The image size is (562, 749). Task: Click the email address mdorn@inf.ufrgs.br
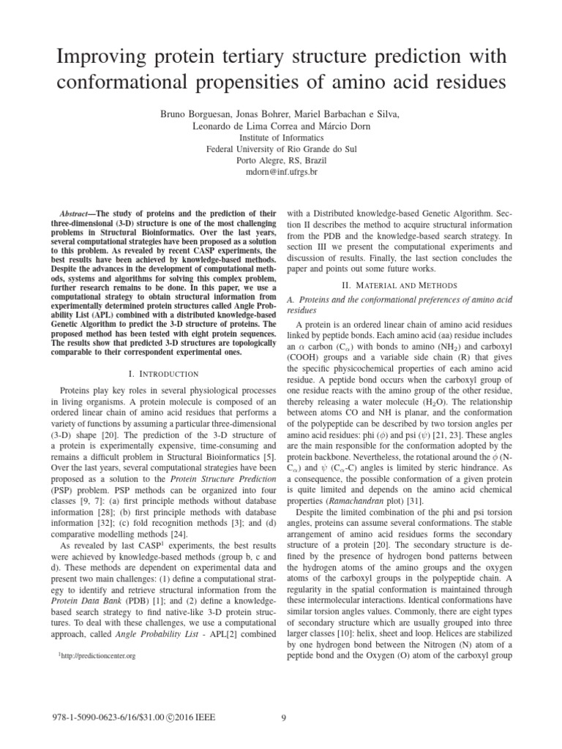coord(280,171)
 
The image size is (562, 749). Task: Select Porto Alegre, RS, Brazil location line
coord(280,159)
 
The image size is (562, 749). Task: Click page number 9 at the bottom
coord(282,718)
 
